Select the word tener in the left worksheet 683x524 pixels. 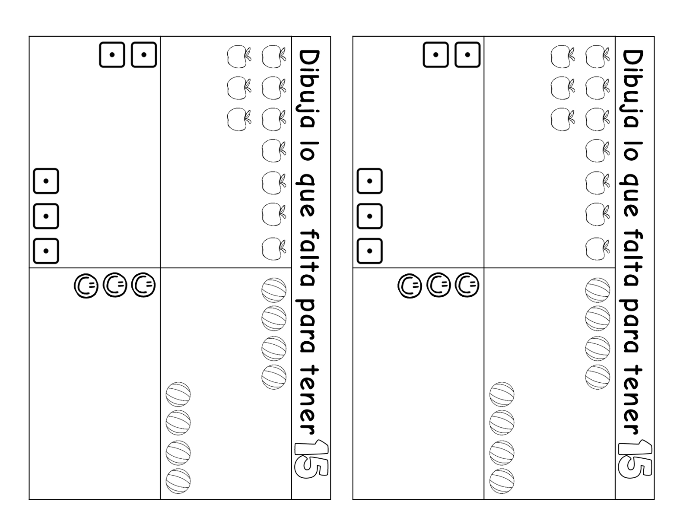pyautogui.click(x=309, y=399)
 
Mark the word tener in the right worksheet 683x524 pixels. pyautogui.click(x=633, y=399)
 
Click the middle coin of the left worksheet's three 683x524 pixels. pyautogui.click(x=114, y=286)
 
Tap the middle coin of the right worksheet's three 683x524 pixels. pyautogui.click(x=438, y=286)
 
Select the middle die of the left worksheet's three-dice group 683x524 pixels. pyautogui.click(x=46, y=216)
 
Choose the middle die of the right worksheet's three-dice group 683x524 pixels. pyautogui.click(x=369, y=216)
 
